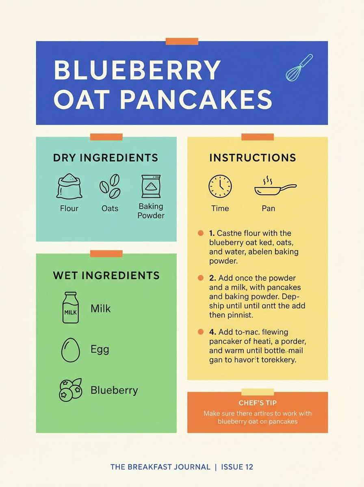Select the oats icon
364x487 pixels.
click(110, 187)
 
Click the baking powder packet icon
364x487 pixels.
click(151, 186)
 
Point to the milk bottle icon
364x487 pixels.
click(70, 308)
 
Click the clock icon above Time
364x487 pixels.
click(220, 186)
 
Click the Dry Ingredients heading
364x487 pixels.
click(105, 157)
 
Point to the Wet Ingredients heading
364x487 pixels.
click(106, 276)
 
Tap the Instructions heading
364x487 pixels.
click(253, 157)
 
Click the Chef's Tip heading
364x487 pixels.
click(258, 403)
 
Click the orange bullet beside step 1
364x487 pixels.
click(200, 233)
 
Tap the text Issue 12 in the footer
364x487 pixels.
click(237, 467)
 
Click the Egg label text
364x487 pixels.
click(100, 349)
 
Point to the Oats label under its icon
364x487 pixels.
click(110, 209)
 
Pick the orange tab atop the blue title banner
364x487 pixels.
click(182, 41)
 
